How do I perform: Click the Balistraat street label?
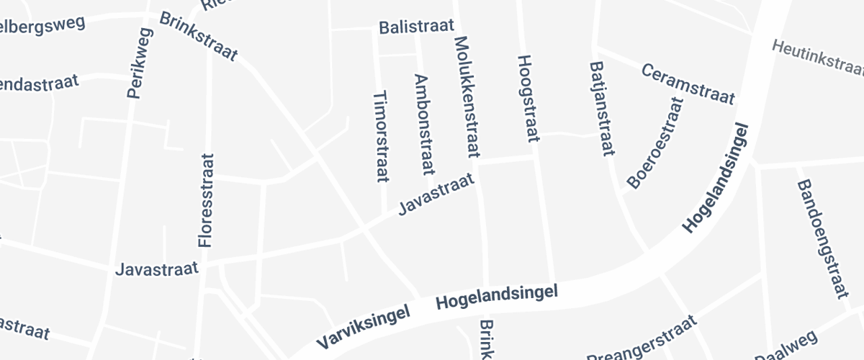(417, 27)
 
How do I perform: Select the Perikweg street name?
(140, 63)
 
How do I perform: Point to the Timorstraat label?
(379, 136)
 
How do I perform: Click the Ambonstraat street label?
(423, 125)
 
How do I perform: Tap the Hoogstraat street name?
(528, 101)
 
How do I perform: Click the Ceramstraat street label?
(688, 84)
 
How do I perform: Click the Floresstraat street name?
(207, 200)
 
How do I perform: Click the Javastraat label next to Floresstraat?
(157, 269)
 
